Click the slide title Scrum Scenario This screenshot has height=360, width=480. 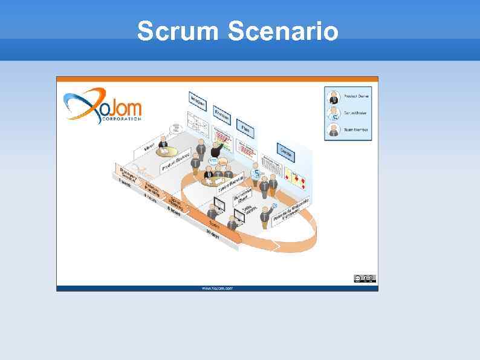pyautogui.click(x=238, y=31)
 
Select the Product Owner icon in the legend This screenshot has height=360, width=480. pyautogui.click(x=334, y=96)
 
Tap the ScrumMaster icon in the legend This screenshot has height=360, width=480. pyautogui.click(x=334, y=113)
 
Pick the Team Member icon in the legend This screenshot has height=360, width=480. pyautogui.click(x=334, y=129)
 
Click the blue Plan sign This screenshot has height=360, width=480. pyautogui.click(x=245, y=128)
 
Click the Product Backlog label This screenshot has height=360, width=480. pyautogui.click(x=175, y=161)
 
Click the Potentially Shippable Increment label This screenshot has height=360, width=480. pyautogui.click(x=291, y=210)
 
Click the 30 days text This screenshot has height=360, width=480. pyautogui.click(x=212, y=237)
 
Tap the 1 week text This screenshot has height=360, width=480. pyautogui.click(x=125, y=181)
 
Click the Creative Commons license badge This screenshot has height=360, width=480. pyautogui.click(x=365, y=278)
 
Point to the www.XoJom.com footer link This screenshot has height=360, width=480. pyautogui.click(x=217, y=288)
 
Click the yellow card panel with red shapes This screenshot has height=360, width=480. pyautogui.click(x=297, y=177)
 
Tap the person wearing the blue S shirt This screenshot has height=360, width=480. pyautogui.click(x=256, y=174)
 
